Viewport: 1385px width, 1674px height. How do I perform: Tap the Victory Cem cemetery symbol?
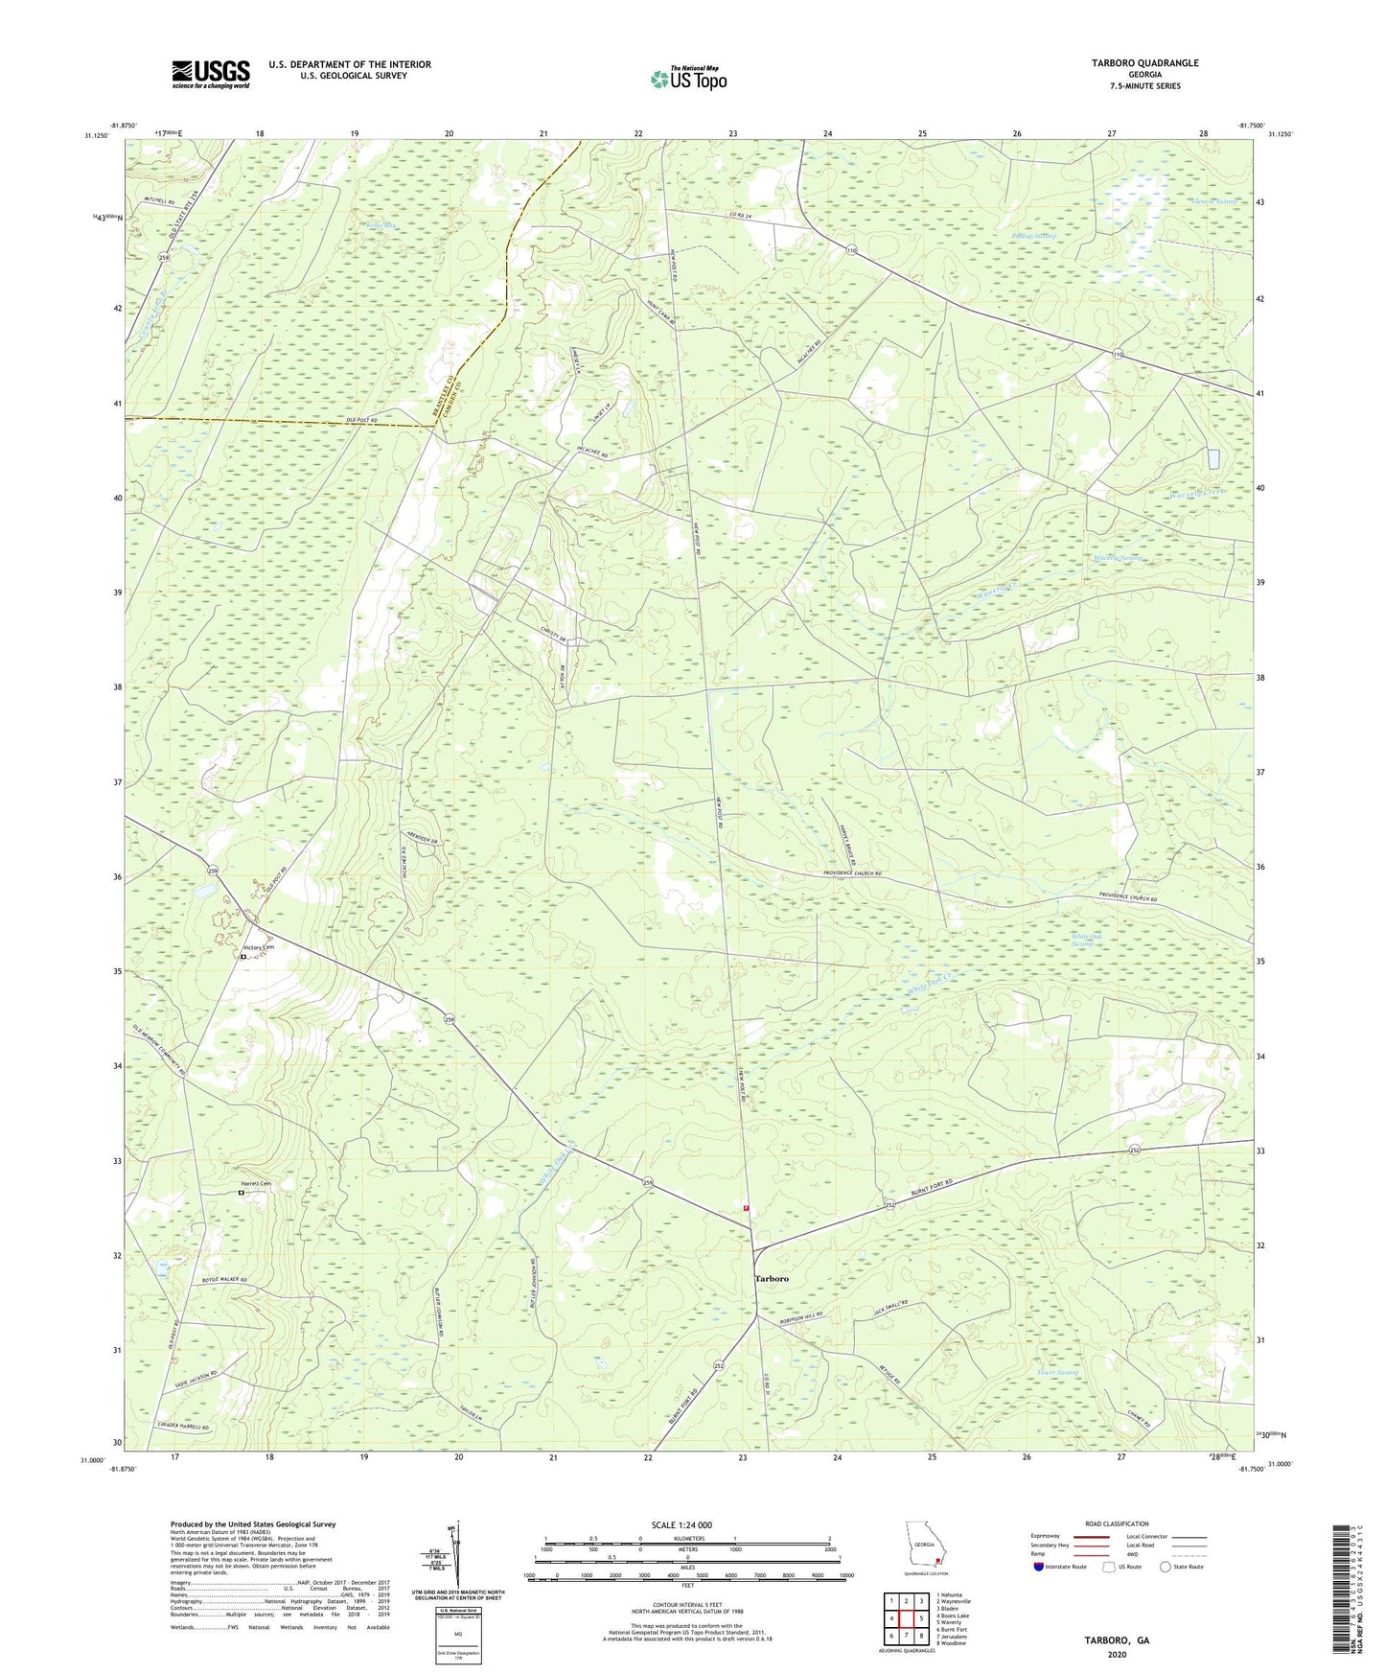pyautogui.click(x=243, y=956)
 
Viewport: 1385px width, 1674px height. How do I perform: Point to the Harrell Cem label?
pyautogui.click(x=256, y=1183)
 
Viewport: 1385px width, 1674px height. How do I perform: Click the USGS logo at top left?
pyautogui.click(x=211, y=73)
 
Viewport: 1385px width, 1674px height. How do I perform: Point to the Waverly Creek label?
pyautogui.click(x=1197, y=492)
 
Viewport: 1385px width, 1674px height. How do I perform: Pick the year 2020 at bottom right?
pyautogui.click(x=1117, y=1654)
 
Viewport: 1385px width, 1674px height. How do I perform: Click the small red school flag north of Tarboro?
pyautogui.click(x=745, y=1208)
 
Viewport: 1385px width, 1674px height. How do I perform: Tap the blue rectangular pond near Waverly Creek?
pyautogui.click(x=1212, y=458)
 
